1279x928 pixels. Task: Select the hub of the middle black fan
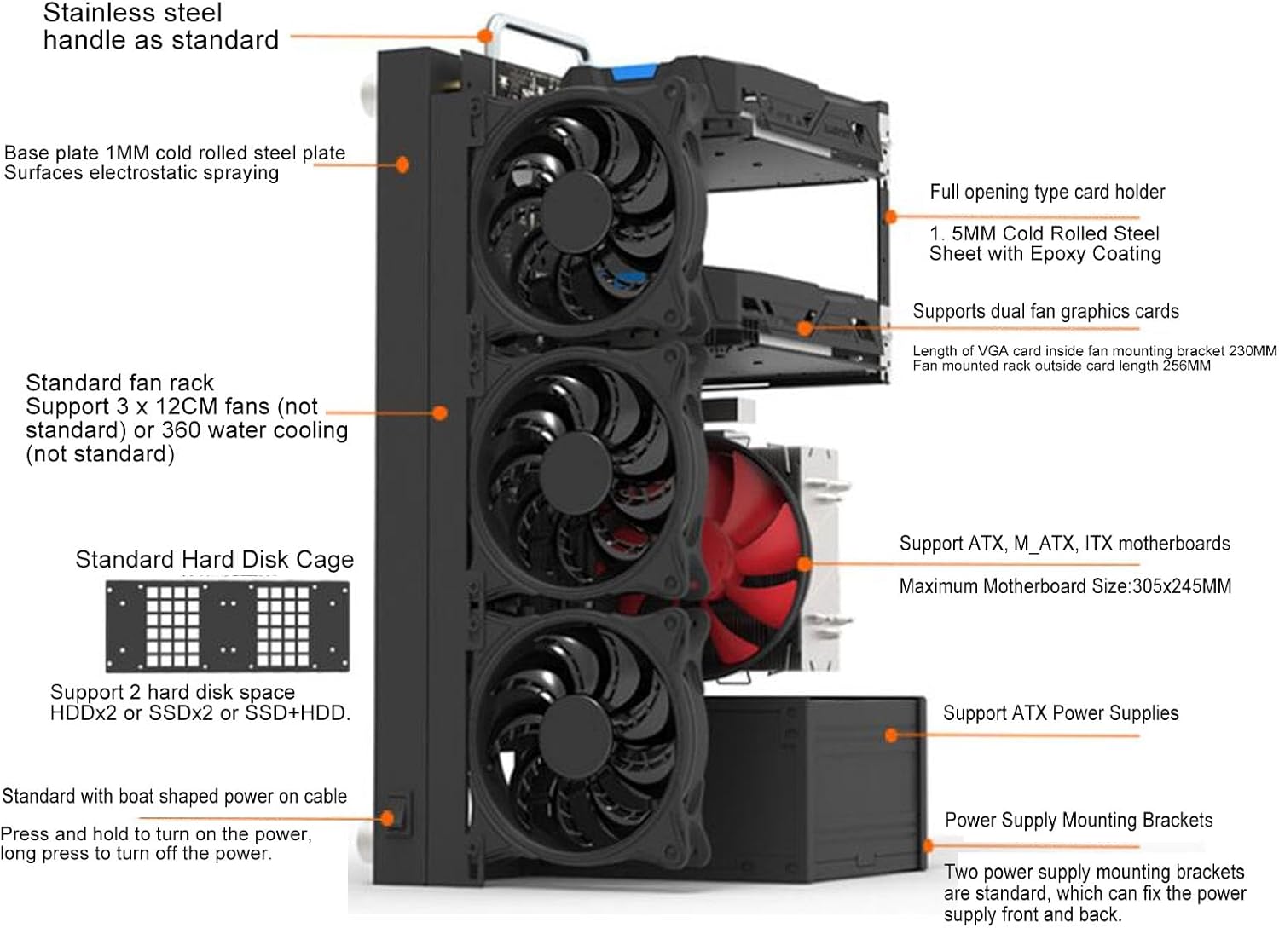[x=576, y=471]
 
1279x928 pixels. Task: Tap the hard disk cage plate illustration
[x=227, y=626]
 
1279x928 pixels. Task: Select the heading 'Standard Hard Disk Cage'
[x=214, y=559]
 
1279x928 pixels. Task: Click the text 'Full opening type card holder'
[x=1047, y=192]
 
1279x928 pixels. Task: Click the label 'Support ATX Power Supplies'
[x=1061, y=713]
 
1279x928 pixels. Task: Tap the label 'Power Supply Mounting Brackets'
[x=1079, y=820]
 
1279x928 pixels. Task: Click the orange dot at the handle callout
[x=484, y=37]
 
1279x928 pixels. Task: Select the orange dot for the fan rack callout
[x=440, y=413]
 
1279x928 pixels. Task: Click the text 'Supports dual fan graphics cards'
[x=1045, y=311]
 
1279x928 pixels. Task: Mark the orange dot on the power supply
[x=892, y=735]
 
